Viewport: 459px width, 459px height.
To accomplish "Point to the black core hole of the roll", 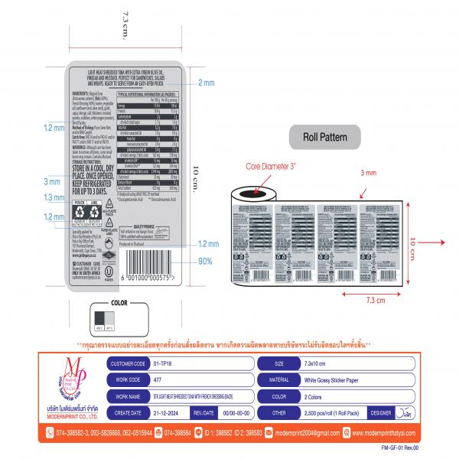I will click(251, 194).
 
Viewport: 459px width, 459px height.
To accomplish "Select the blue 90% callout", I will click(205, 262).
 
